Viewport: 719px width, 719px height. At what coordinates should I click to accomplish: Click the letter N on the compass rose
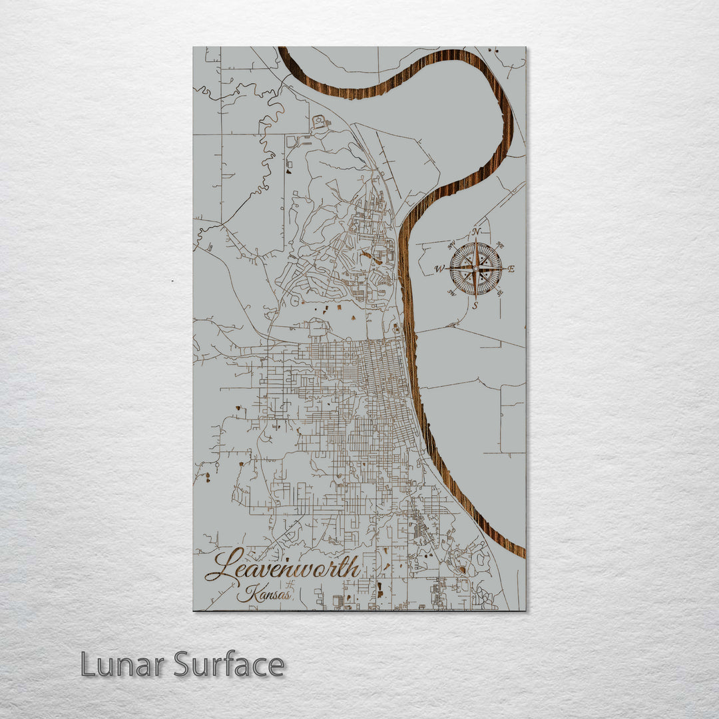[x=476, y=232]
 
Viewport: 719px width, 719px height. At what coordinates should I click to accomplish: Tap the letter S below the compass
[x=475, y=306]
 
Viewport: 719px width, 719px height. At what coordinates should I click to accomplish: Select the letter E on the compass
[x=511, y=269]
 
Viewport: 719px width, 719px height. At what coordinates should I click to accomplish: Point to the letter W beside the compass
[x=439, y=269]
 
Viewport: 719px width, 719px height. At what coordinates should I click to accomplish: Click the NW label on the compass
[x=451, y=246]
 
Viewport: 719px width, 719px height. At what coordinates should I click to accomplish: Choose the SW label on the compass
[x=451, y=293]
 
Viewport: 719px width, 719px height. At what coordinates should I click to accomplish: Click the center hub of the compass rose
[x=475, y=269]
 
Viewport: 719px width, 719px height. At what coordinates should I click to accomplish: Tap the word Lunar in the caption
[x=123, y=664]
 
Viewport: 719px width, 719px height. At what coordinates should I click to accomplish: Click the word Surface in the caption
[x=230, y=664]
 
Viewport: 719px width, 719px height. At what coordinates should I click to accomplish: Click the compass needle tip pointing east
[x=505, y=269]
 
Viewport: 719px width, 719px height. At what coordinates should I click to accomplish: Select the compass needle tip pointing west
[x=446, y=269]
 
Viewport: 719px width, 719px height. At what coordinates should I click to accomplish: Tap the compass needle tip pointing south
[x=475, y=299]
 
